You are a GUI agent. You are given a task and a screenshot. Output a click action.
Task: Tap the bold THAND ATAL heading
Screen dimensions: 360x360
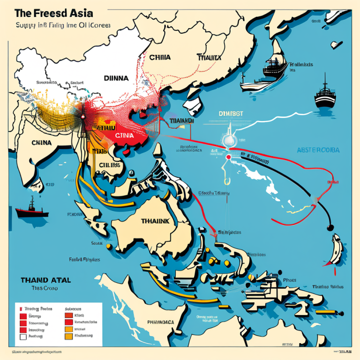click(x=45, y=280)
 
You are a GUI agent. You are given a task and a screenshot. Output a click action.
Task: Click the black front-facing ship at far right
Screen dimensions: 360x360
click(x=325, y=97)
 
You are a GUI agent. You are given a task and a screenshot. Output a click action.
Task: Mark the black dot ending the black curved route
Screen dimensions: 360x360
click(x=330, y=227)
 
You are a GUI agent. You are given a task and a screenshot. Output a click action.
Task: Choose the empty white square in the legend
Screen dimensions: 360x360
click(x=22, y=336)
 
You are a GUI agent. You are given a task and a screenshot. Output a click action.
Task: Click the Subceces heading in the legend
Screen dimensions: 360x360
click(x=73, y=309)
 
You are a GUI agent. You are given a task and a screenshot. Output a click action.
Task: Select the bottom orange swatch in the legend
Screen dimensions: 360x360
click(x=69, y=336)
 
